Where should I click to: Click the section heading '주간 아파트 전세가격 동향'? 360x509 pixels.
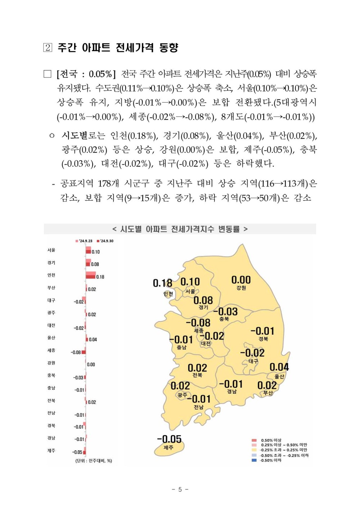click(117, 48)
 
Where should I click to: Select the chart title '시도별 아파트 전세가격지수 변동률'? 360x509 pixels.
click(180, 229)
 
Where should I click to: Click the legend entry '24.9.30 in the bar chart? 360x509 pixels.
click(105, 241)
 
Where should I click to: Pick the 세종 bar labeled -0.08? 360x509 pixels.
click(84, 352)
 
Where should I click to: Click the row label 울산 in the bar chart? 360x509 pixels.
click(51, 338)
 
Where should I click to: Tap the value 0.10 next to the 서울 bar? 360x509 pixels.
click(96, 252)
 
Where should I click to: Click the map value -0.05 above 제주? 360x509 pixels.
click(169, 439)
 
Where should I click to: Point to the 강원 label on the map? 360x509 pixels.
click(241, 288)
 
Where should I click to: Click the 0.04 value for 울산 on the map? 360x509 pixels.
click(279, 367)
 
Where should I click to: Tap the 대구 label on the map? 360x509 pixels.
click(253, 361)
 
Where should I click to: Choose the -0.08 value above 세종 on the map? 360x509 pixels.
click(198, 323)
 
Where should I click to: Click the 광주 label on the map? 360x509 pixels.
click(183, 395)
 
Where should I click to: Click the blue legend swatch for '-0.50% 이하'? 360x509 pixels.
click(254, 460)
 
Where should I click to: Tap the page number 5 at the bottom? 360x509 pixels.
click(180, 489)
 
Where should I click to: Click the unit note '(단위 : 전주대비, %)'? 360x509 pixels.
click(94, 461)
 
